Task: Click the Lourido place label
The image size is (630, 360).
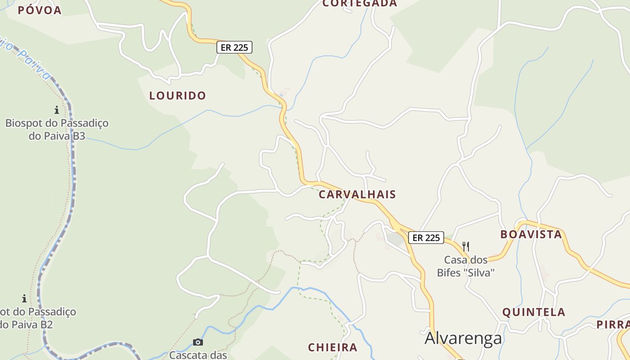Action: pos(177,95)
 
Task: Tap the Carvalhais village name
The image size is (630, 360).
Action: pos(357,194)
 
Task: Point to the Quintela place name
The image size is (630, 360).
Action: pos(534,312)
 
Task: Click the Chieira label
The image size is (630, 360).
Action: pos(333,347)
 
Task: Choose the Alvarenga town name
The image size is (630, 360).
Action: pos(463,338)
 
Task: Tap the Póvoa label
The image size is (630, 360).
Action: pos(40,10)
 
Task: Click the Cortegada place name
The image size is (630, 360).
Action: pos(360,4)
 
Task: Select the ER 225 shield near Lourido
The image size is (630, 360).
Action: pos(234,47)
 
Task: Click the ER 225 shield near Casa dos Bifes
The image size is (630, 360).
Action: pos(426,238)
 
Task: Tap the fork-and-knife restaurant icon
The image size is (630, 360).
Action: pos(466,246)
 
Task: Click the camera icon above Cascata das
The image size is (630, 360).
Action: pos(198,342)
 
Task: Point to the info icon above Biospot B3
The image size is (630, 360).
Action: pos(57,109)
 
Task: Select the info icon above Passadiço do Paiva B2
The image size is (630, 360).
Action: pos(24,298)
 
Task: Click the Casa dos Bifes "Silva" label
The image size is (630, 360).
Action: pos(466,266)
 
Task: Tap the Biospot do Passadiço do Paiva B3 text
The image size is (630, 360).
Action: pos(57,129)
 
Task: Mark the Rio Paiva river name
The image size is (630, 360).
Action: pos(27,58)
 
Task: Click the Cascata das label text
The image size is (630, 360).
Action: pos(198,355)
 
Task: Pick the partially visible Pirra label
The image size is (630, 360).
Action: pos(613,324)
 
